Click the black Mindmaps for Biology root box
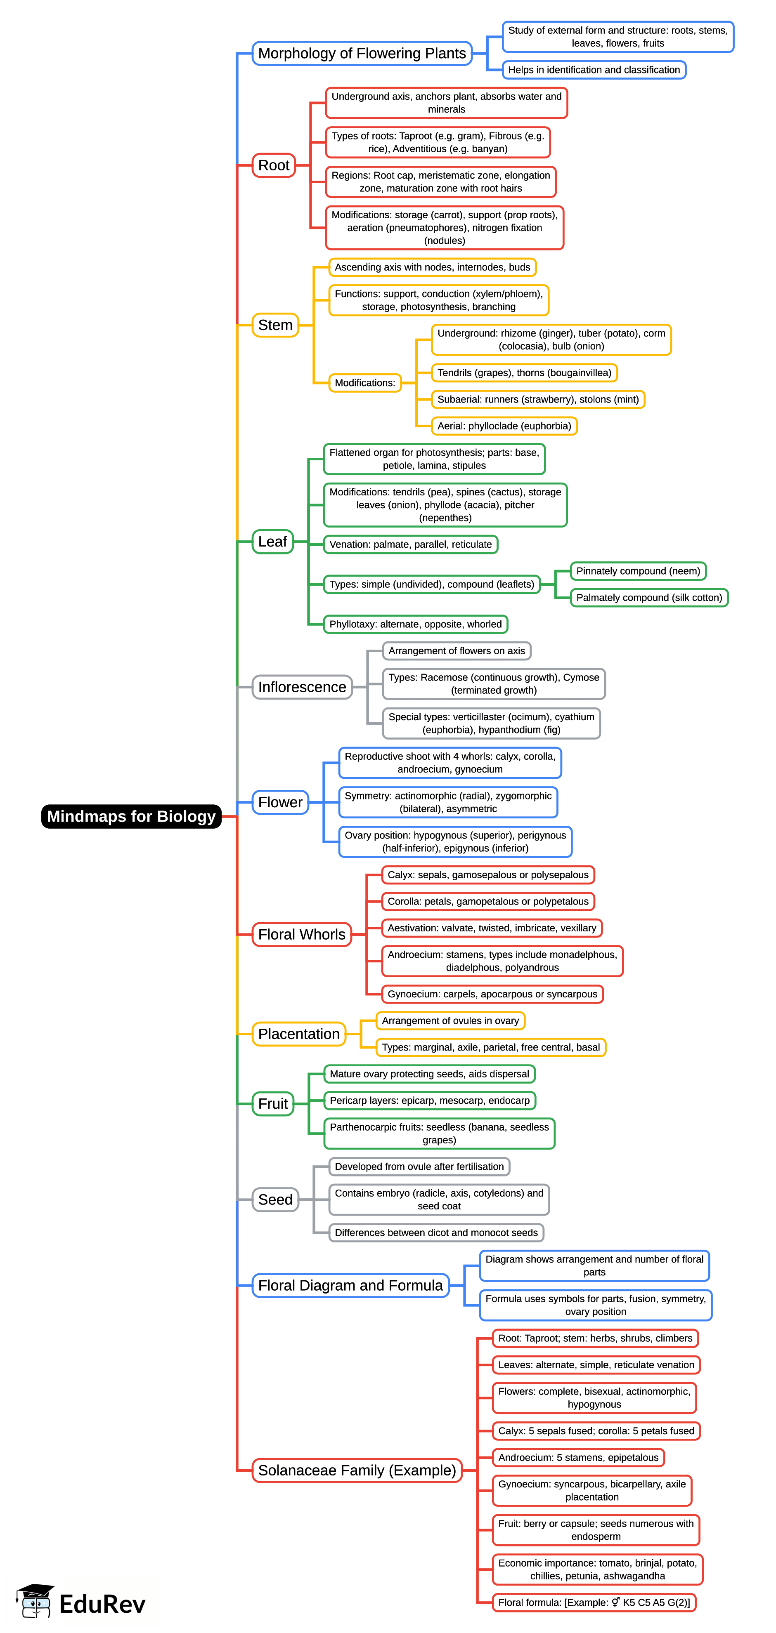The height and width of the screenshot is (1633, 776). click(131, 816)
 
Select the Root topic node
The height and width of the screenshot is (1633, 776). click(274, 165)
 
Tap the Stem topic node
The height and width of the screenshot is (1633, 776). click(275, 325)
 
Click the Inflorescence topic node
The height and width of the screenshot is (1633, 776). click(302, 687)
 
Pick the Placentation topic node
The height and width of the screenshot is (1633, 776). click(299, 1034)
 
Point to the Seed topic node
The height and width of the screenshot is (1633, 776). click(275, 1199)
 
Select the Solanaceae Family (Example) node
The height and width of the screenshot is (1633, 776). click(357, 1470)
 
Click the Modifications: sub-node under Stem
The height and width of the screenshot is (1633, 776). click(365, 383)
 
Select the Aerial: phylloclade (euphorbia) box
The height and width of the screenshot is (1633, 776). click(504, 426)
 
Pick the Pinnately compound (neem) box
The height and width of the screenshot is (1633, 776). click(638, 571)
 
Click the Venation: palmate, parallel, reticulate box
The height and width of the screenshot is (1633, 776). click(411, 544)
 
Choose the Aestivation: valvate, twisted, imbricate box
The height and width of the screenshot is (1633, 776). click(492, 928)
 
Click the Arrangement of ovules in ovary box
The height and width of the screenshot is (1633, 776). click(450, 1020)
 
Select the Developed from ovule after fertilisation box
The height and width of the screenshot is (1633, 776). click(419, 1166)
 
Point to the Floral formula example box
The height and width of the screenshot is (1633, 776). click(594, 1602)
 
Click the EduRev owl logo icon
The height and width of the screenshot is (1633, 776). click(35, 1601)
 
